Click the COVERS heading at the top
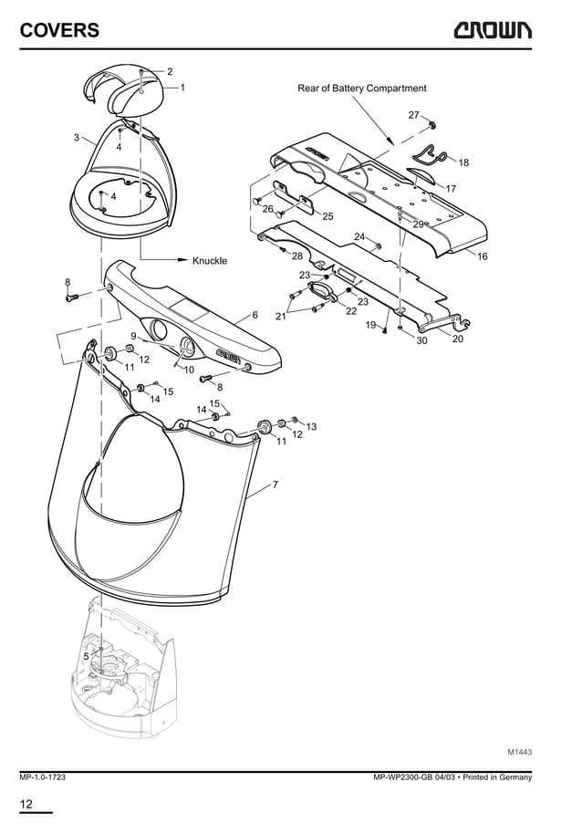click(59, 31)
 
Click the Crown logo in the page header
click(491, 31)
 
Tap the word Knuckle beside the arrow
click(210, 261)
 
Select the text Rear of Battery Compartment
click(362, 89)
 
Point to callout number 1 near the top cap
click(182, 88)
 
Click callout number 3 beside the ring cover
click(76, 138)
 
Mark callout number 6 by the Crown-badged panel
click(255, 315)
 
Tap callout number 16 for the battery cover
click(483, 257)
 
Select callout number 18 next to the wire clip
click(463, 162)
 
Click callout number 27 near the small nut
click(413, 115)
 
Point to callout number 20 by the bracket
click(457, 339)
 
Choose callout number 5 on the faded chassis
click(86, 656)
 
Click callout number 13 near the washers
click(311, 427)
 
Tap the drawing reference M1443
click(519, 752)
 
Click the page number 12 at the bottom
click(26, 804)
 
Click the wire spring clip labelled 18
click(431, 152)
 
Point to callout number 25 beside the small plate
click(327, 216)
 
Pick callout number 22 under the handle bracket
click(350, 311)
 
